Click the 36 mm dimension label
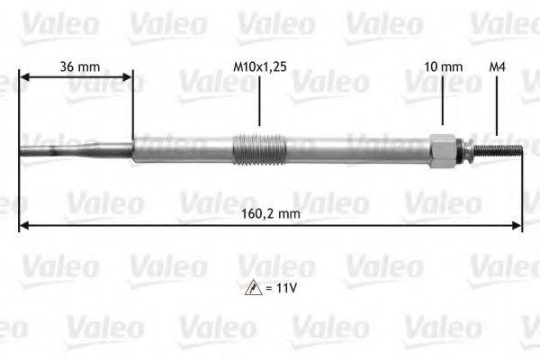click(79, 67)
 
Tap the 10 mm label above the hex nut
click(442, 67)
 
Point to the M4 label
click(496, 67)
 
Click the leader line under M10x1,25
click(259, 103)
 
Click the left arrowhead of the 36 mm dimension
click(23, 78)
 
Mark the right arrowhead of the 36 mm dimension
click(128, 78)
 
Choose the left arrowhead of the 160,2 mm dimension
click(23, 224)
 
